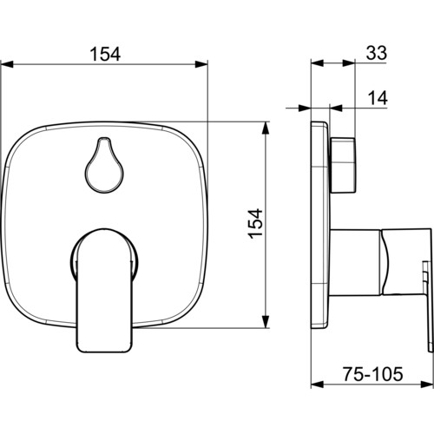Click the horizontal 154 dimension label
[105, 54]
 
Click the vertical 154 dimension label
[256, 224]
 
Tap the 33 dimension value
[377, 53]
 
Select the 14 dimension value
[378, 98]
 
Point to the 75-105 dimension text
[373, 373]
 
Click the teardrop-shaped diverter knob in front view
[104, 165]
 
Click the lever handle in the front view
[104, 290]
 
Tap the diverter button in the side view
[343, 165]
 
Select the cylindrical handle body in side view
[356, 262]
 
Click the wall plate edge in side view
[320, 225]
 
